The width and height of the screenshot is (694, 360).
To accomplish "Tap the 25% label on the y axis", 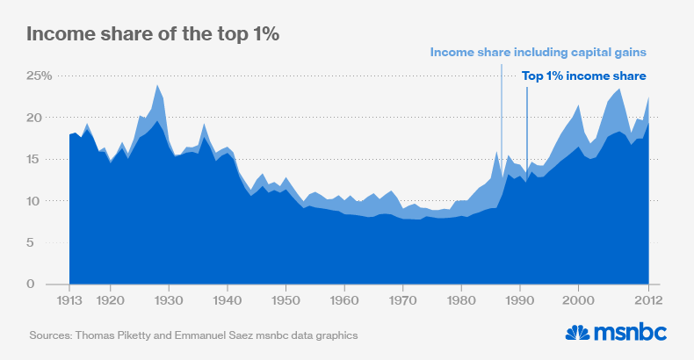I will point(38,76).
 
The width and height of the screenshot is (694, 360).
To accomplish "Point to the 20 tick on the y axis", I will point(42,118).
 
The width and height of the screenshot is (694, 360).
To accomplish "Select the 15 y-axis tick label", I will point(42,160).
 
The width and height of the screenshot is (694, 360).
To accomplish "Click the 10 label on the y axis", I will point(42,201).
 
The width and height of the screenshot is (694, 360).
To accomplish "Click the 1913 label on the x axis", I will point(69,299).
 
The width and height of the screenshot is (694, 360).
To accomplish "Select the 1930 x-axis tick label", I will point(169,299).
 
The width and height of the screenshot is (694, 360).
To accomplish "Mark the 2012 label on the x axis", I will point(647,299).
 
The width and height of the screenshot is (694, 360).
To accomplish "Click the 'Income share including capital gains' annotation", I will point(539,53).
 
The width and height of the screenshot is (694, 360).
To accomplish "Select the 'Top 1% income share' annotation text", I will point(584,76).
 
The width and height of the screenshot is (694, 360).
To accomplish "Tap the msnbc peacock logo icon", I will point(576,333).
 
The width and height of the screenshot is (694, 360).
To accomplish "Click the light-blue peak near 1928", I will point(157,88).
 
